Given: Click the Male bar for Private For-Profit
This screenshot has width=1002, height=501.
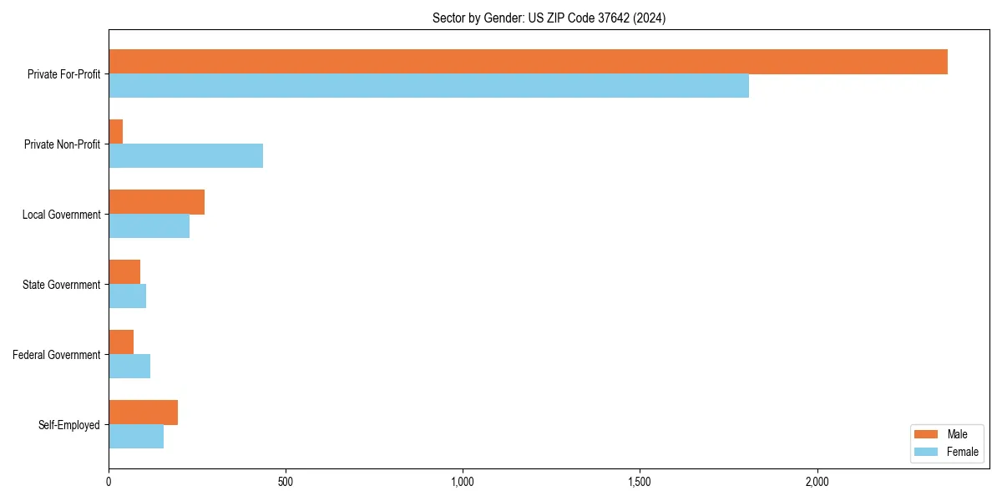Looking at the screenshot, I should point(528,62).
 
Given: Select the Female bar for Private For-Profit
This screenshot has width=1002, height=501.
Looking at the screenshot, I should point(428,86).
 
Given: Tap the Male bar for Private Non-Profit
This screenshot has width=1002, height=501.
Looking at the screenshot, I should point(116,132).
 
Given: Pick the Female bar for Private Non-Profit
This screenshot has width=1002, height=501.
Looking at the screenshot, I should point(185,156).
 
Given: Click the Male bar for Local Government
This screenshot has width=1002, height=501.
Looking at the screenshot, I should point(156,202).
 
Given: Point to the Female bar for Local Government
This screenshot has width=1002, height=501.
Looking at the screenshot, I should point(149,226).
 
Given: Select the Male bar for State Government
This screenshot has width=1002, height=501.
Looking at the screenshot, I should point(124,272).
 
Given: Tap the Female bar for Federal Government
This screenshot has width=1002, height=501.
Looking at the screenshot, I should point(129,367).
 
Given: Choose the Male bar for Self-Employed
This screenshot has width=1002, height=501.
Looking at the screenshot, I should point(143,412).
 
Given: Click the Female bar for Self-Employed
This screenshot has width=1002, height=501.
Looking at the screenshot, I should point(136,437).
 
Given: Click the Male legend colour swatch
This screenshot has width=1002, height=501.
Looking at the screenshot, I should point(927,434).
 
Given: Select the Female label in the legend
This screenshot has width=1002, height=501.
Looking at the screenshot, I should point(962,452).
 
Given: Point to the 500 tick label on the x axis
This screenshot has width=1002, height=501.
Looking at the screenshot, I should point(286,482).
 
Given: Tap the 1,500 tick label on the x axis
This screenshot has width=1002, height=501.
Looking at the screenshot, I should point(640,482).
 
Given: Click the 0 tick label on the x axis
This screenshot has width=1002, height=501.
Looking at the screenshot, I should point(109,482).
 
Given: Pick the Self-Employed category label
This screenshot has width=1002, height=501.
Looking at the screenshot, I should point(69,425).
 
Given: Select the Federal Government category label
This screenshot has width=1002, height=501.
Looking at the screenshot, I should point(57,355).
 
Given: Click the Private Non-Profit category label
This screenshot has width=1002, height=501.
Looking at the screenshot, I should point(63,144).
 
